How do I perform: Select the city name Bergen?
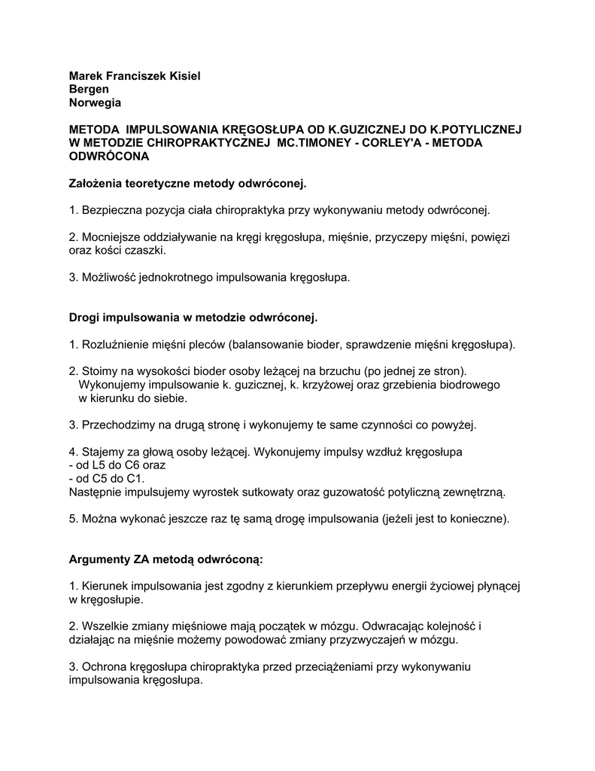[89, 89]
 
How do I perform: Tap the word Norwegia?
[95, 102]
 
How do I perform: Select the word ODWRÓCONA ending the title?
[109, 157]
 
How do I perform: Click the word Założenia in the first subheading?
[96, 184]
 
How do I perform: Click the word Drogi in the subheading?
[85, 318]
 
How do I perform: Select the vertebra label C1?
[135, 479]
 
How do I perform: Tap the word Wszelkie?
[105, 626]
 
